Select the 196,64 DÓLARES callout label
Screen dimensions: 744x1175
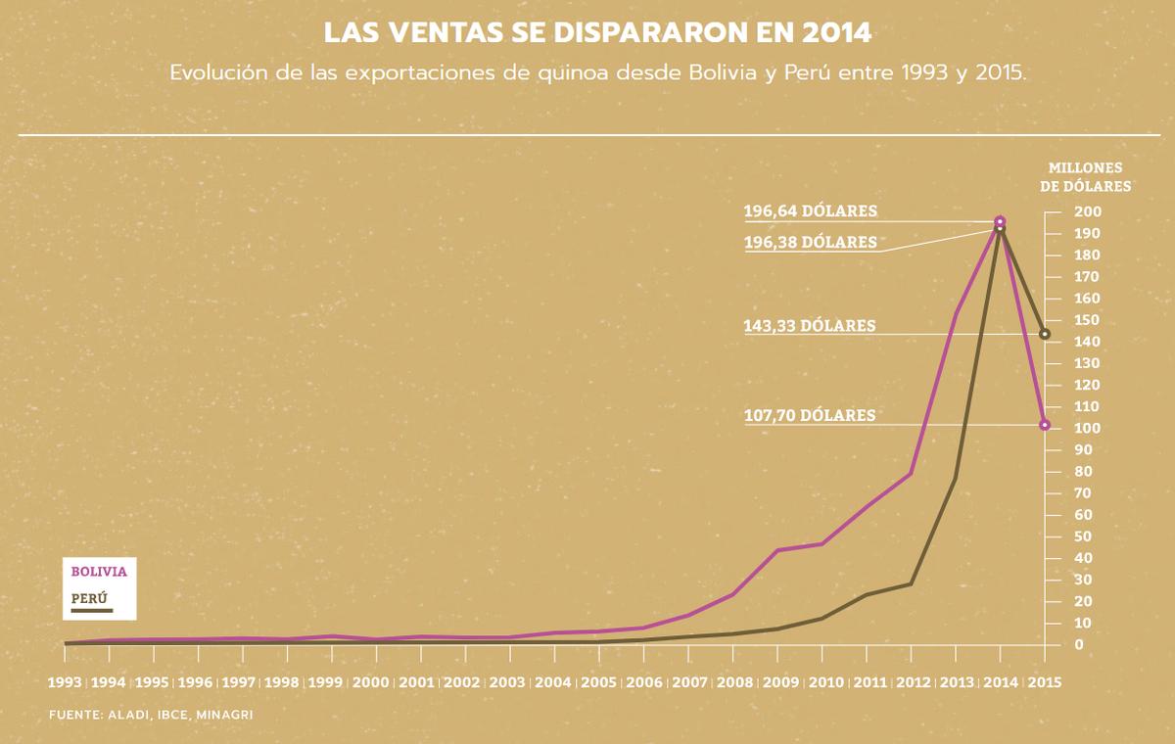pyautogui.click(x=809, y=210)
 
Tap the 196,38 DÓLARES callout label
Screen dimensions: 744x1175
pyautogui.click(x=809, y=242)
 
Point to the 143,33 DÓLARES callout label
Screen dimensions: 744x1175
pyautogui.click(x=809, y=326)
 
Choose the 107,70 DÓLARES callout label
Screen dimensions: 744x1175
pyautogui.click(x=809, y=415)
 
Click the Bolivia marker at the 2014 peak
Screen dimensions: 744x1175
pyautogui.click(x=1000, y=222)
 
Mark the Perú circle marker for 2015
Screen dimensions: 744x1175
pyautogui.click(x=1045, y=334)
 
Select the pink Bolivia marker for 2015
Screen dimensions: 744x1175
pyautogui.click(x=1045, y=425)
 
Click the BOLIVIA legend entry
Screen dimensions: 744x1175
pyautogui.click(x=98, y=571)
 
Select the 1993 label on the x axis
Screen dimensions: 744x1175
pyautogui.click(x=64, y=682)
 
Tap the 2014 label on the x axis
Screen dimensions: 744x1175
pyautogui.click(x=1000, y=682)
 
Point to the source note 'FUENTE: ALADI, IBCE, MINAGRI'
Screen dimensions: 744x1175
pyautogui.click(x=151, y=716)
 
